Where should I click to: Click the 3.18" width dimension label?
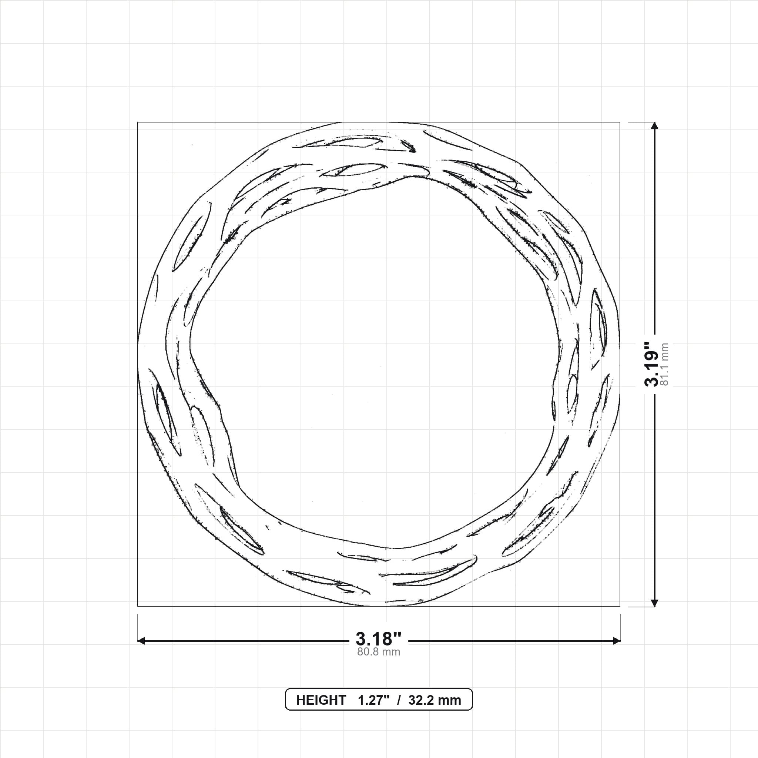click(379, 639)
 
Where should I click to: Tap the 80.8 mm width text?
click(379, 652)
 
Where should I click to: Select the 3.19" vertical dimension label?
click(652, 364)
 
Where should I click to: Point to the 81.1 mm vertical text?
click(665, 364)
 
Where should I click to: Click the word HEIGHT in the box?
click(321, 700)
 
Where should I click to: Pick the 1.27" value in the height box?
click(373, 700)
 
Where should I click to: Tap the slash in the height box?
click(399, 700)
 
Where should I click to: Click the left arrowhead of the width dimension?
click(141, 641)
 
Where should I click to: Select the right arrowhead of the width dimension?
click(617, 641)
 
